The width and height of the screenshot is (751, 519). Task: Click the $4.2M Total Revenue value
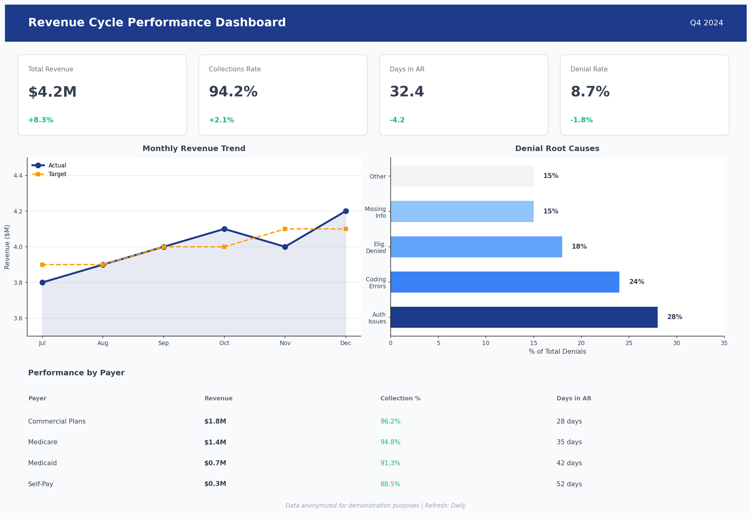pos(52,92)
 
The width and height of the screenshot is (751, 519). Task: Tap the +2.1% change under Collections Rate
pos(221,120)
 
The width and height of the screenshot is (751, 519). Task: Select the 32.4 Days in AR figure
pos(407,92)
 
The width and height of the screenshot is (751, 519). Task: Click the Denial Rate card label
pos(589,69)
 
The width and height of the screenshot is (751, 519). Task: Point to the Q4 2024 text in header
pos(706,23)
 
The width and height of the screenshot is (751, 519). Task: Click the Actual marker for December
pos(346,211)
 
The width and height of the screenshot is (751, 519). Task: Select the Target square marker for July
pos(42,265)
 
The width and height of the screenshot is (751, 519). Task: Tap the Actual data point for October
pos(224,229)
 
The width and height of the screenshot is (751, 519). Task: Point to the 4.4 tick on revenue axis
pos(18,175)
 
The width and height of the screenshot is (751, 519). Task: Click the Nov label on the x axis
pos(285,343)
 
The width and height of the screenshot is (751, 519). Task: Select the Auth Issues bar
pos(524,317)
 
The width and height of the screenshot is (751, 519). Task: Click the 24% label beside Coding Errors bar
pos(636,282)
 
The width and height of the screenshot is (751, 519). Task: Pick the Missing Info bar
pos(462,211)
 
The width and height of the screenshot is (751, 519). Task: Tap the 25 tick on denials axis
pos(629,343)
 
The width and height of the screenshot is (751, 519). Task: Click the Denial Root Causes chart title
pos(557,149)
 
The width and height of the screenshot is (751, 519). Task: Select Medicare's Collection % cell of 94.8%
pos(390,442)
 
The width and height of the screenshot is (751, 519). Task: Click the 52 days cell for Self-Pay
pos(569,484)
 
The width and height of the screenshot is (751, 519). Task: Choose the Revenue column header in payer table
pos(218,398)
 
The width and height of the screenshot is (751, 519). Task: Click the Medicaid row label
pos(42,463)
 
